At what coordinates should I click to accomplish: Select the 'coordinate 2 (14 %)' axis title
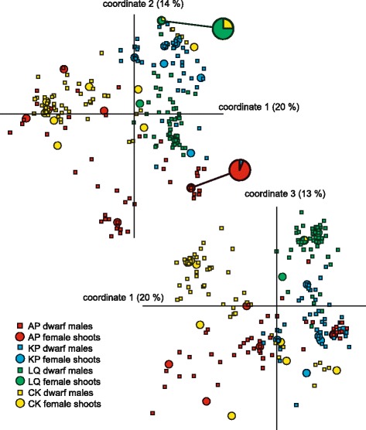136,5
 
